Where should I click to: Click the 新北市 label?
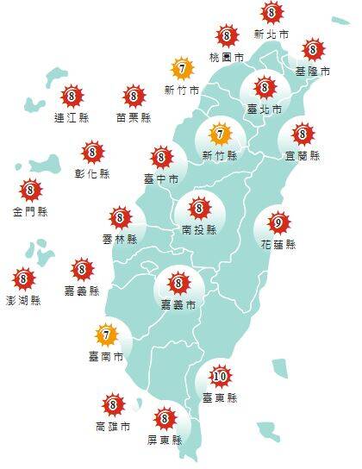[271, 34]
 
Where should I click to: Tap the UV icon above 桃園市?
[227, 36]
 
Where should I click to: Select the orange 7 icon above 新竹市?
[182, 68]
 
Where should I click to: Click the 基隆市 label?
[312, 71]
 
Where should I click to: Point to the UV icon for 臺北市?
[264, 87]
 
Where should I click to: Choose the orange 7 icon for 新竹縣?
[220, 134]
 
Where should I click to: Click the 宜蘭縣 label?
[302, 156]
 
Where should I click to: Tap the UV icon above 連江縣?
[72, 97]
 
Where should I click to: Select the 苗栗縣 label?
[134, 117]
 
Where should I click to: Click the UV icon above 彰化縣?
[91, 153]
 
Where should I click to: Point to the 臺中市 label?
[161, 178]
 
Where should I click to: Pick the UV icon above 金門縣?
[30, 190]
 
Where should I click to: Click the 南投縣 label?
[199, 230]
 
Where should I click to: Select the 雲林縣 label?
[120, 239]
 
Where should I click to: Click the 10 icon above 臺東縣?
[219, 377]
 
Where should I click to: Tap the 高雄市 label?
[113, 426]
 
